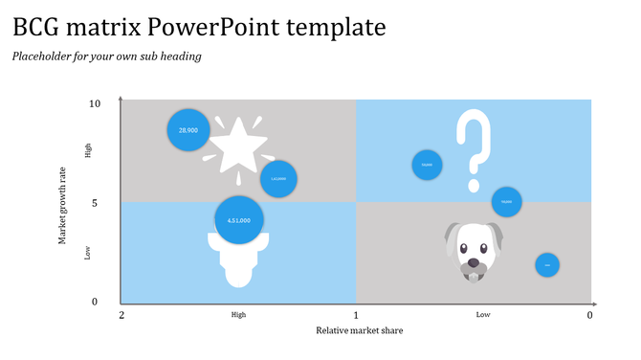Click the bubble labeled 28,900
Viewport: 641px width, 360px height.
(x=188, y=130)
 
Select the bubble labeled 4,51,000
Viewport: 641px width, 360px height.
(x=238, y=220)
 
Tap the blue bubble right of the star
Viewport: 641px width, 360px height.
(x=278, y=179)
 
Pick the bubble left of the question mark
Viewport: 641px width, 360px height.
(x=427, y=165)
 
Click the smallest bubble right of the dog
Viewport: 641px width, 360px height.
(x=546, y=265)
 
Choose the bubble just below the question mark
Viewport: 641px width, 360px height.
(x=506, y=202)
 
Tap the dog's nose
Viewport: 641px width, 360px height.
(x=473, y=259)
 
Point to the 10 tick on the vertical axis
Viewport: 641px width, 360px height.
(x=95, y=103)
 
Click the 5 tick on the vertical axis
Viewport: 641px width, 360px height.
(x=95, y=203)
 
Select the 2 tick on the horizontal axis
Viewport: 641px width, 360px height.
(x=122, y=315)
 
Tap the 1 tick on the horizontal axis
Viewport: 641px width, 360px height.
(x=356, y=315)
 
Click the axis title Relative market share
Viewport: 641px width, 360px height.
(x=359, y=331)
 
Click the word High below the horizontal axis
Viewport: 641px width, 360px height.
(x=238, y=315)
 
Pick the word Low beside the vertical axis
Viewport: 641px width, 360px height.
(x=87, y=253)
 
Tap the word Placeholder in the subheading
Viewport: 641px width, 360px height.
(x=40, y=56)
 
